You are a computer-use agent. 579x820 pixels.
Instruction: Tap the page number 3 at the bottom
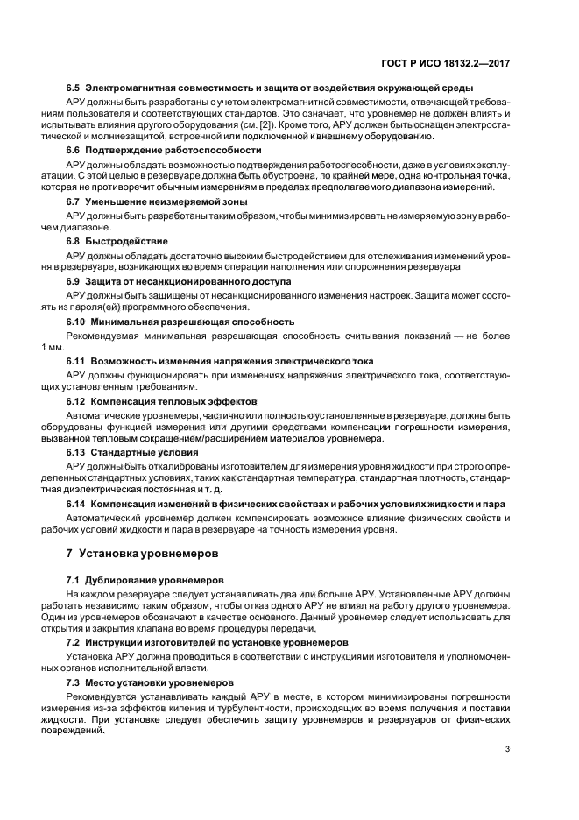point(507,749)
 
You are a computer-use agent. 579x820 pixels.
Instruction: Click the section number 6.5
point(74,88)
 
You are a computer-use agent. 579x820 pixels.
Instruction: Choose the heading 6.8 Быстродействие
point(117,241)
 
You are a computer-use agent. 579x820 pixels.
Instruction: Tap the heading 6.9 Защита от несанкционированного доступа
point(180,281)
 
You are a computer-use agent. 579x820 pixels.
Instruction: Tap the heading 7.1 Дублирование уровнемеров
point(145,581)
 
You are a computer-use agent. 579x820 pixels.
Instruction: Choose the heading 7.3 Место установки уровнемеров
point(151,682)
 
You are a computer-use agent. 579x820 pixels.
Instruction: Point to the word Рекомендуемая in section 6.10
point(108,336)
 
